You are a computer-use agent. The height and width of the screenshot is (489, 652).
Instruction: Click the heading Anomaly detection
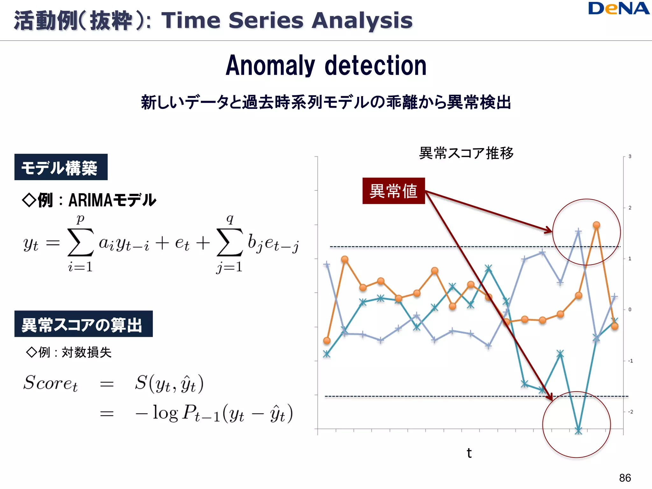click(326, 66)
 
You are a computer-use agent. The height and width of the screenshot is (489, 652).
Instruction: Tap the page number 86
click(625, 478)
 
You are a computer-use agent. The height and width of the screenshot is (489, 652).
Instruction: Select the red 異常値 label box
click(393, 191)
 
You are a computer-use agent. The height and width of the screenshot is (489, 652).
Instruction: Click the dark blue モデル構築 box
click(61, 167)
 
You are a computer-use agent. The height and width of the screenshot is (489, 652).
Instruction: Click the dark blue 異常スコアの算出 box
click(83, 324)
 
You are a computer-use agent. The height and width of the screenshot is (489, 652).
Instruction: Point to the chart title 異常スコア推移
click(466, 153)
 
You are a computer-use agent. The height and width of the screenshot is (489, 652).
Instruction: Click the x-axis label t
click(469, 453)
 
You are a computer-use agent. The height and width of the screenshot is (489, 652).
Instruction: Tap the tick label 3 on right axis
click(630, 156)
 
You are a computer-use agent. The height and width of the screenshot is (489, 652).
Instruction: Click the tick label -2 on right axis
click(630, 412)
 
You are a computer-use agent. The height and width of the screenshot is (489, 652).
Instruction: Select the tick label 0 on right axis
click(630, 309)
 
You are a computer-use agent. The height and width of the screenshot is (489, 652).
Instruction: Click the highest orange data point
click(596, 225)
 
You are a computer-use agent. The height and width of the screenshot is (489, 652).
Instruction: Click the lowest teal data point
click(578, 431)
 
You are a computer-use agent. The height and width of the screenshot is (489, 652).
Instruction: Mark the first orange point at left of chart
click(327, 341)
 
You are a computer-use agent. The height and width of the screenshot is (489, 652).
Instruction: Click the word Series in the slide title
click(266, 20)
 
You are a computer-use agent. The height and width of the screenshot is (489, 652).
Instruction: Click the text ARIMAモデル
click(112, 200)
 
